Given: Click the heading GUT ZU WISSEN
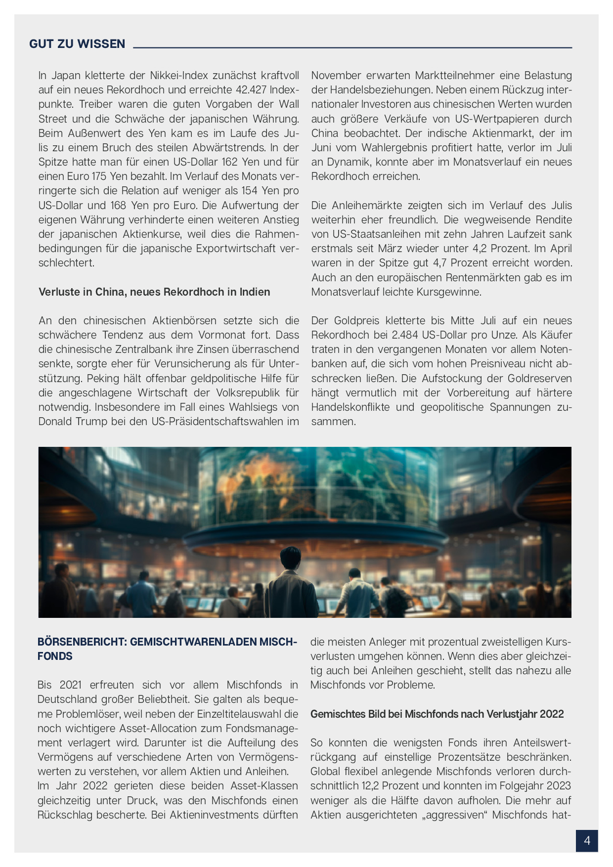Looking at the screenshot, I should click(77, 44).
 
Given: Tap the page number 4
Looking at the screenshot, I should click(587, 840).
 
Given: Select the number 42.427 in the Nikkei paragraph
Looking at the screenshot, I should click(249, 90).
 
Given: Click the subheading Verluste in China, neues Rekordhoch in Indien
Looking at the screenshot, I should click(154, 292).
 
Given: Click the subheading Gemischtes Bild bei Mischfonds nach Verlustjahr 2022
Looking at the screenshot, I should click(437, 714).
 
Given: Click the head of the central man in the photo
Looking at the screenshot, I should click(290, 558).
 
